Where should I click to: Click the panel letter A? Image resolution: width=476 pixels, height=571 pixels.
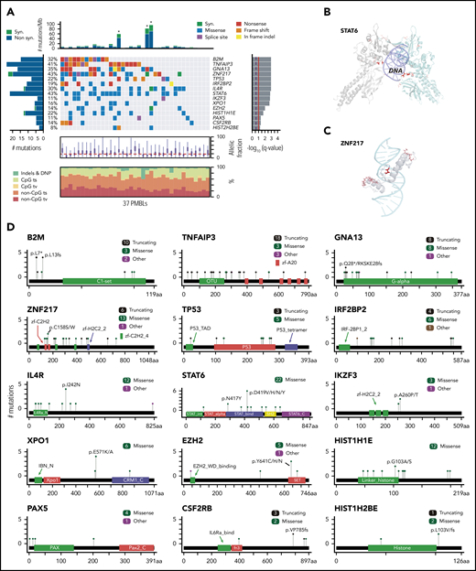coord(7,7)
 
